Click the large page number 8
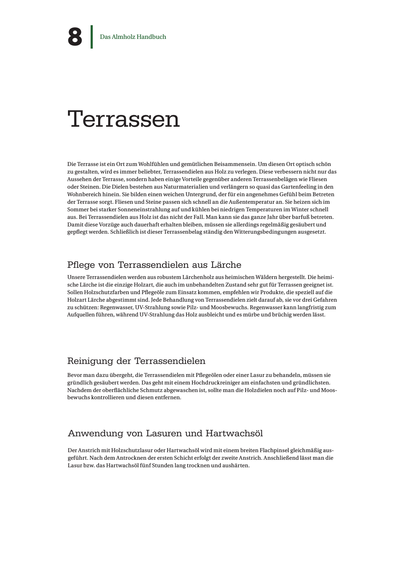click(x=75, y=37)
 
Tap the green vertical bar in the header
click(x=92, y=37)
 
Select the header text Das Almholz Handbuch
click(x=133, y=37)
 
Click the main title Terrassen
click(x=123, y=119)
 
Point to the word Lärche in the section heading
click(x=226, y=265)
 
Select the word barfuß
click(x=303, y=217)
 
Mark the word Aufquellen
click(x=80, y=315)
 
